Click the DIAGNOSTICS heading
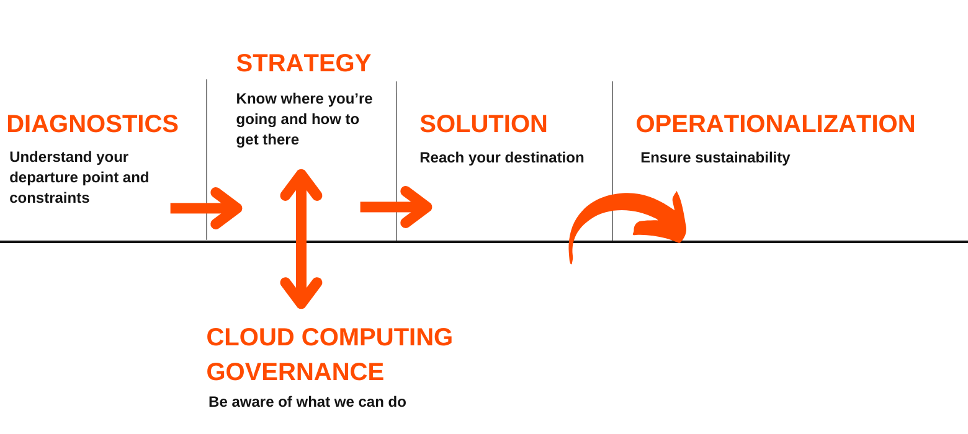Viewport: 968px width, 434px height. click(x=92, y=124)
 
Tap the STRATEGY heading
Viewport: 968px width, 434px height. click(x=303, y=64)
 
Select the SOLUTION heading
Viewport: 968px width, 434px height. click(x=483, y=124)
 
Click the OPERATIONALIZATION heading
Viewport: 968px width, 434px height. click(x=775, y=124)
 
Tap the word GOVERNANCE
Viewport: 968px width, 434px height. click(x=295, y=372)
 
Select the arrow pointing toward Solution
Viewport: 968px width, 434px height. click(x=396, y=206)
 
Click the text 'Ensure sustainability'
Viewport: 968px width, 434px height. click(x=715, y=157)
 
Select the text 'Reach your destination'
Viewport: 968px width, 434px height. click(x=501, y=157)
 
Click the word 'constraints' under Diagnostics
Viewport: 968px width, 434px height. click(x=50, y=198)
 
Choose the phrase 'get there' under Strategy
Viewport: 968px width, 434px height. click(x=267, y=139)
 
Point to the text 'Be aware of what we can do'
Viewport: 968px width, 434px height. click(x=307, y=401)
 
